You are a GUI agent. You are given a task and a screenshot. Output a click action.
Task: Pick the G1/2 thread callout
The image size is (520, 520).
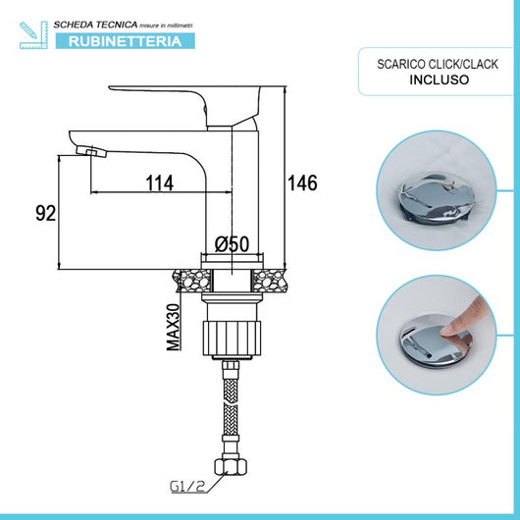186,484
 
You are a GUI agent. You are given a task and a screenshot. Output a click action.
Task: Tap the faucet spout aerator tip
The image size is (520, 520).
91,150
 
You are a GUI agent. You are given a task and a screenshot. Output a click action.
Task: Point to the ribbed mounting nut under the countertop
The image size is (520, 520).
234,331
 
